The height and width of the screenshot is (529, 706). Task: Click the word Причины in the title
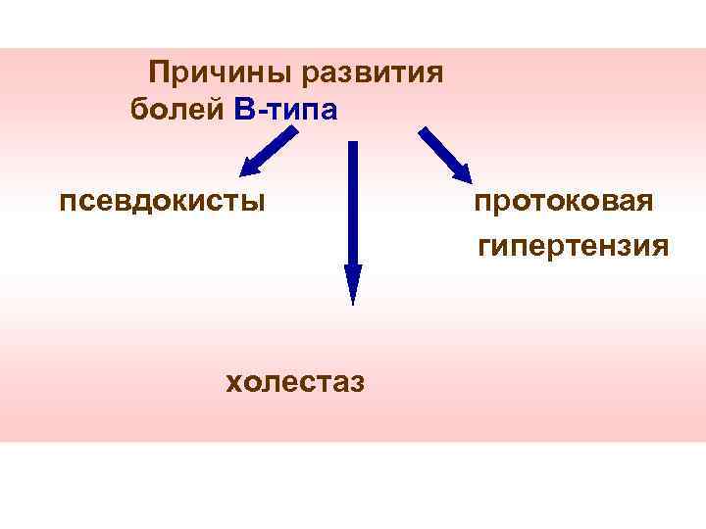223,72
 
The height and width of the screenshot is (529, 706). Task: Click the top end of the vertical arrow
353,145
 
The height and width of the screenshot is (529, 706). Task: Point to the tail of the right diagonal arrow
423,129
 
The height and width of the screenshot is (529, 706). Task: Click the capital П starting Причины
158,72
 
